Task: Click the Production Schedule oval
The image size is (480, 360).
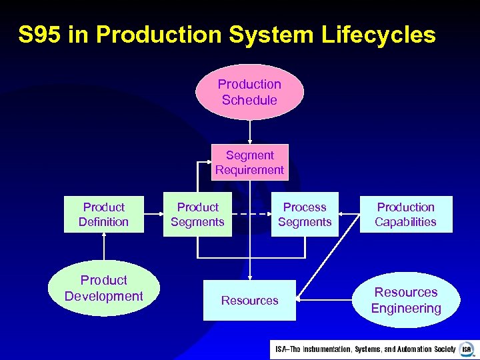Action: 249,92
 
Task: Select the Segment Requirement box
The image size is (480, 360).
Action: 249,163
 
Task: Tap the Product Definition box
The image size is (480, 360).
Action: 103,214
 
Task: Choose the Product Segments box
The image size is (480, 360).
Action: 197,214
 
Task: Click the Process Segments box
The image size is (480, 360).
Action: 305,214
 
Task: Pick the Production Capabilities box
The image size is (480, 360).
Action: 405,214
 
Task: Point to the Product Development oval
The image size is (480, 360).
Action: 103,288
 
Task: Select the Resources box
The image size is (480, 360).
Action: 249,301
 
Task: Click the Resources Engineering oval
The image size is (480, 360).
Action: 405,300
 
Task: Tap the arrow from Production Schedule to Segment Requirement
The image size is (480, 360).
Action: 249,132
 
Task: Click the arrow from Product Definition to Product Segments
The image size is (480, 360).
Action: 154,214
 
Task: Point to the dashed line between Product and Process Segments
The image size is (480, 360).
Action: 251,214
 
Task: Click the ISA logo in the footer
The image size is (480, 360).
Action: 467,349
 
